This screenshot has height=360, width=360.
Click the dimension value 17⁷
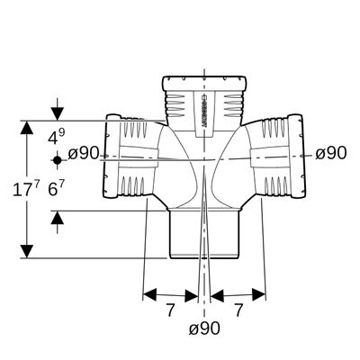[26, 190]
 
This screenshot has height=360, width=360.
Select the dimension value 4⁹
[57, 137]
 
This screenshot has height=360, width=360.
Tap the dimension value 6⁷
[57, 190]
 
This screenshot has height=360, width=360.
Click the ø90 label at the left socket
[83, 154]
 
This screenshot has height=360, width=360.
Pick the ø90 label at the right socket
[331, 153]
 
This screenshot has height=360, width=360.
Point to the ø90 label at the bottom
[204, 328]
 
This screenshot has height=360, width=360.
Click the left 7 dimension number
[170, 310]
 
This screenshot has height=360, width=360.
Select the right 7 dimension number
[238, 310]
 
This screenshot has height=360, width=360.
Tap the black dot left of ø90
[58, 160]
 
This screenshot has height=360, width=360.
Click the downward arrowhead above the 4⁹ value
[58, 114]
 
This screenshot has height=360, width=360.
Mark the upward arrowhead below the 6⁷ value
[58, 218]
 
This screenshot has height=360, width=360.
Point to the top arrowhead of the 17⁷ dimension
[27, 128]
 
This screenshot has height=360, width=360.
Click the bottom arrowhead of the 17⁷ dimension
[27, 251]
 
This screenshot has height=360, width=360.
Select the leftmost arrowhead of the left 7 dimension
[149, 294]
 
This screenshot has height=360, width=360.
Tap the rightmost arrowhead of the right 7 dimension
[258, 294]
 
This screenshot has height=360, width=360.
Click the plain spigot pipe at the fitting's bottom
[204, 234]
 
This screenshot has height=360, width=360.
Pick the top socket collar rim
[205, 81]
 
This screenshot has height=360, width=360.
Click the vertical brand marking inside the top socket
[203, 112]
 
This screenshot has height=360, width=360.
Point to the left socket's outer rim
[110, 156]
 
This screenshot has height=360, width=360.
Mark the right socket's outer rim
[298, 156]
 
